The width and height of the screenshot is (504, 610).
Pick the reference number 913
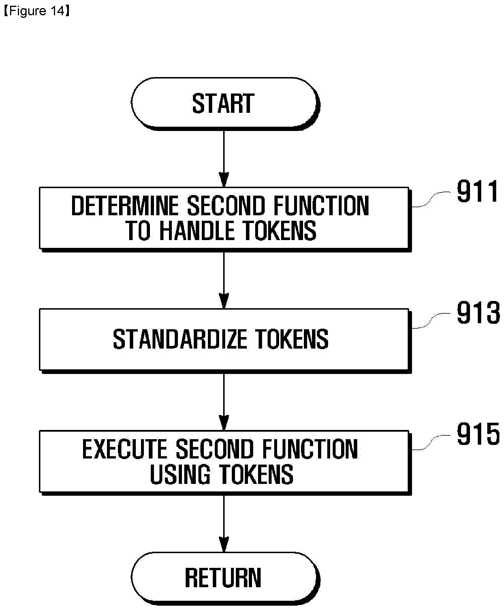[478, 313]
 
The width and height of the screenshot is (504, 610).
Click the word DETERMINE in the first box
[125, 206]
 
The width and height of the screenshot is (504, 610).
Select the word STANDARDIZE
[180, 339]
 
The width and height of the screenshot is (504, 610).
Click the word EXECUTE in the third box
[125, 449]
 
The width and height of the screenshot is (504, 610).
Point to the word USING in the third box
[180, 474]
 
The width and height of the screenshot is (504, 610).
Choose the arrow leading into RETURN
[224, 523]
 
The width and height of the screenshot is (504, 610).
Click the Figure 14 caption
[37, 11]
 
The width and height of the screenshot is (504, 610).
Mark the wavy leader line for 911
[431, 200]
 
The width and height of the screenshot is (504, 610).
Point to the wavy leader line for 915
[431, 442]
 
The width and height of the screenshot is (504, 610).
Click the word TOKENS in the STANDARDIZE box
[292, 339]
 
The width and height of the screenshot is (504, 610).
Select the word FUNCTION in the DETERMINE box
[321, 206]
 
